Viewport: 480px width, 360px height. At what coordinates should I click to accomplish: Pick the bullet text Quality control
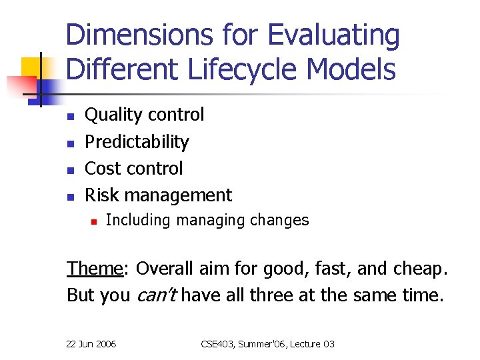tap(145, 115)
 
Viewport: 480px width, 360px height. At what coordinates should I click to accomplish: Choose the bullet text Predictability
tap(137, 141)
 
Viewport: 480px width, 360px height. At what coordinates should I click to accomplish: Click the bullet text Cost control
tap(134, 168)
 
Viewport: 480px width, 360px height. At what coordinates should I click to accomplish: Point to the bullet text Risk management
tap(159, 195)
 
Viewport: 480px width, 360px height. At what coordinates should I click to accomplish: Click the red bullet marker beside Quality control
tap(69, 116)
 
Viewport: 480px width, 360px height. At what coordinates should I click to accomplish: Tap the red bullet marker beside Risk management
tap(69, 196)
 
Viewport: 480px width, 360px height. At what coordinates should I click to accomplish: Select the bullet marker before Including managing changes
tap(95, 221)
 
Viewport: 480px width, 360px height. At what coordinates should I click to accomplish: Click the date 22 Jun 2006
tap(91, 344)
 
